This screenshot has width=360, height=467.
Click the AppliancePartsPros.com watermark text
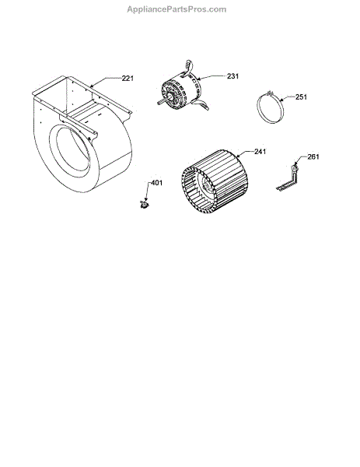coord(177,9)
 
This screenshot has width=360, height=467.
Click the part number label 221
coord(128,79)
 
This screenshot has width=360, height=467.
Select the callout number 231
coord(232,76)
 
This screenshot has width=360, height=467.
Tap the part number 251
coord(301,97)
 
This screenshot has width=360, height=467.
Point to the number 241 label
coord(260,152)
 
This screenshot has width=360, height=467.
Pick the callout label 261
coord(313,156)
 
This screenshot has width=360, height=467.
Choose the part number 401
coord(157,183)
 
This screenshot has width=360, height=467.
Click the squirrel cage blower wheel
coord(215,181)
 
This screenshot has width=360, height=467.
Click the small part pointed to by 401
coord(145,204)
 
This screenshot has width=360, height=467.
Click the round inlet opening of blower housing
coord(70,148)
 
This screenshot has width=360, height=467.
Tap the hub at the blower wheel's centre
coord(205,185)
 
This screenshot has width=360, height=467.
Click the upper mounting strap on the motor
coord(189,66)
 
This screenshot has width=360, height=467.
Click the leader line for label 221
coord(106,81)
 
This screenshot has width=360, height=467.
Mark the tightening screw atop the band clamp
coord(270,93)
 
